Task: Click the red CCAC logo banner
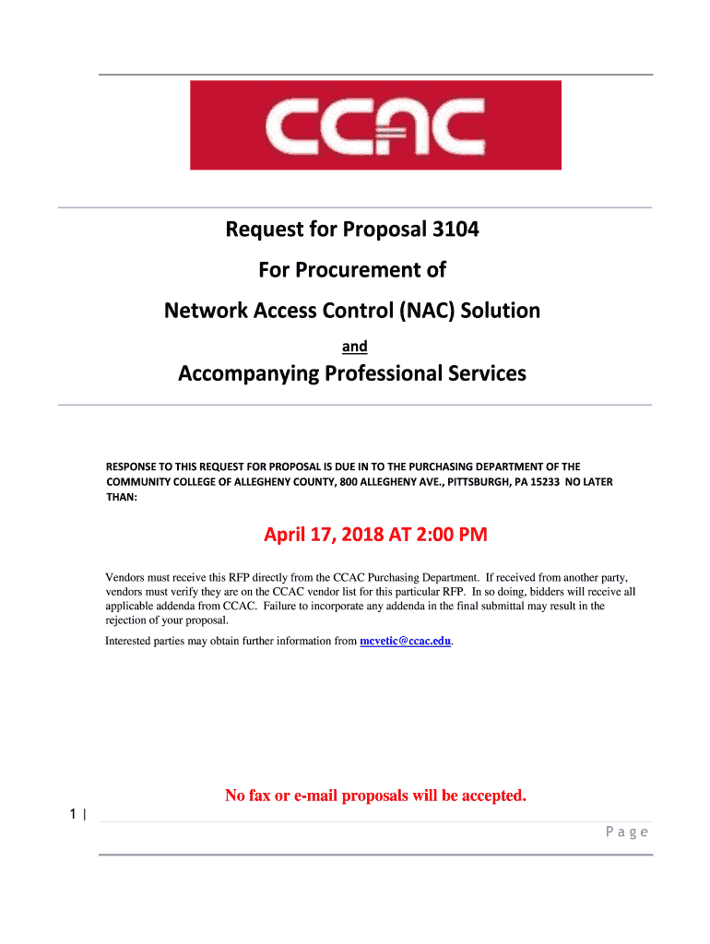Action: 375,125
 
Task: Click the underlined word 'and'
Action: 355,347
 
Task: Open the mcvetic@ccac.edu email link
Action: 406,641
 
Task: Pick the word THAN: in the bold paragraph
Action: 122,498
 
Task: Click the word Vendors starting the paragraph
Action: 126,577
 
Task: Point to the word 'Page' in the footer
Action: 627,832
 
